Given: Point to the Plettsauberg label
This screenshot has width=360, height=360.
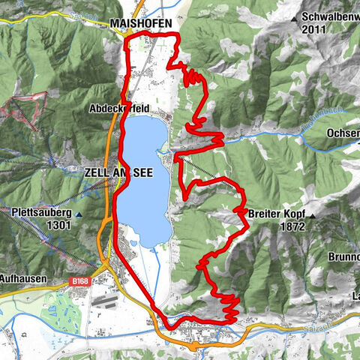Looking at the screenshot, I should click(41, 212).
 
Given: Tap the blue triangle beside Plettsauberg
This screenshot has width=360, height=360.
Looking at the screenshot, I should click(79, 213).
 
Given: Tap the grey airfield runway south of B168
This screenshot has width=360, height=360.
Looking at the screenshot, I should click(106, 301).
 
